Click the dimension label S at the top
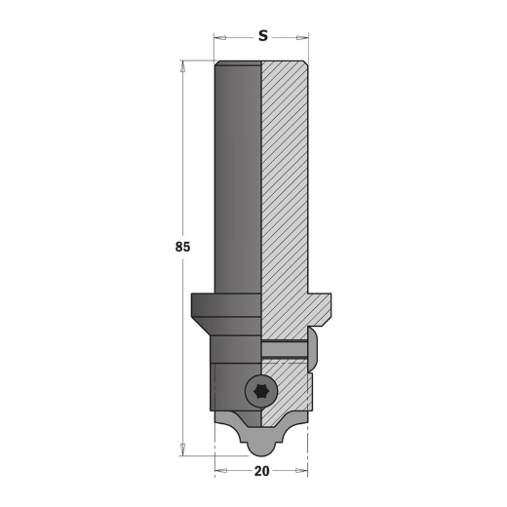[x=263, y=37]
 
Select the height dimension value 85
[x=182, y=247]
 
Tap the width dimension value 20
[x=261, y=470]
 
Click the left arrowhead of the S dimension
[x=218, y=38]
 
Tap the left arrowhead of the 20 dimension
[x=218, y=470]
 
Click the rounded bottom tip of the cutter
[x=261, y=447]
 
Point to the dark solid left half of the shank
[x=238, y=175]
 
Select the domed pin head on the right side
[x=316, y=349]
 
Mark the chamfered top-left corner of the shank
[x=217, y=65]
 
